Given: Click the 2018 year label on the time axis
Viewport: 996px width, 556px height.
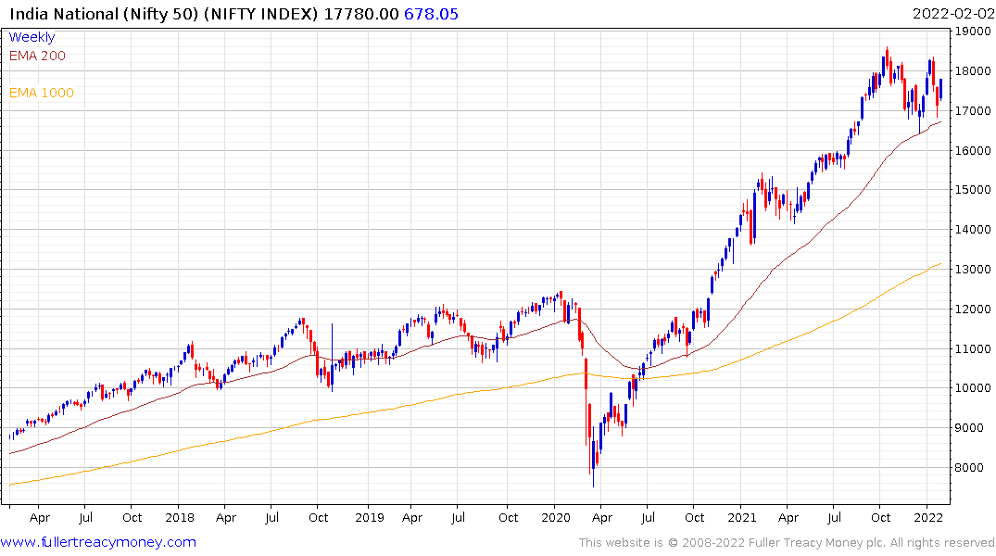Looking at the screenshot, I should [x=179, y=517].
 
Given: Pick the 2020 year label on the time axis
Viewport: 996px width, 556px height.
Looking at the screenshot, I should [x=555, y=517].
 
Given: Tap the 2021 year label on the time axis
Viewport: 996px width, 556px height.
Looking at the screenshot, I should [x=741, y=517].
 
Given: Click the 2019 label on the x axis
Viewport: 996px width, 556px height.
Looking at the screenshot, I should [x=369, y=517].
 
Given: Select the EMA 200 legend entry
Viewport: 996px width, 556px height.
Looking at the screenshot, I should [x=37, y=56].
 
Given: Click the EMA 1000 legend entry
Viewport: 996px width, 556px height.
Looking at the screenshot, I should [x=42, y=93].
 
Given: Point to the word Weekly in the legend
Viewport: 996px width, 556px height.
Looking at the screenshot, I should [x=32, y=37].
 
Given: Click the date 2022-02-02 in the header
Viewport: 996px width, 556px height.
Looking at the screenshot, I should [x=952, y=13].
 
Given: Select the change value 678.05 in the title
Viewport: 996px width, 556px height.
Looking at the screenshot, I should [x=431, y=13].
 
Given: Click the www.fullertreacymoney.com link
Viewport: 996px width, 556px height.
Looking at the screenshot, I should [x=98, y=542].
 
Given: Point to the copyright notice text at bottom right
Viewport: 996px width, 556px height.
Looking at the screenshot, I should [x=787, y=543].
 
